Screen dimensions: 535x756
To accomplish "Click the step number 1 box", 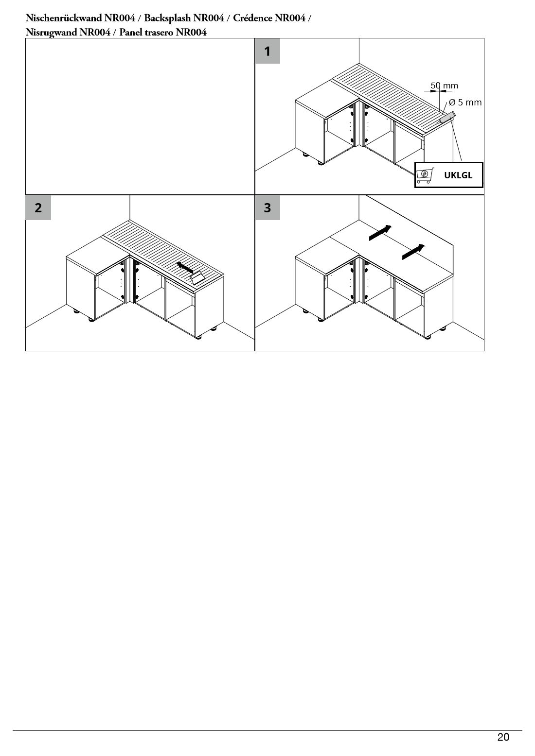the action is [267, 51].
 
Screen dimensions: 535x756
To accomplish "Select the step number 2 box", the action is [38, 207].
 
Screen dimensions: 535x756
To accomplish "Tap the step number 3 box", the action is [267, 207].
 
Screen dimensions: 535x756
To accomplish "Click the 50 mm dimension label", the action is [444, 86].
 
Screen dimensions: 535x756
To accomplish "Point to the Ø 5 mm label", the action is [465, 102].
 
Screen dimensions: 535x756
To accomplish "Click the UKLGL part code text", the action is [458, 175].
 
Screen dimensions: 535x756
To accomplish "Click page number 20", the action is [503, 737].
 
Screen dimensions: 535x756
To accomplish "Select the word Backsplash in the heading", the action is [184, 18].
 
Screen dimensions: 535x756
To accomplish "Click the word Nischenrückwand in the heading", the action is [64, 18].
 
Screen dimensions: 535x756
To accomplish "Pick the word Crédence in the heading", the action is [252, 18].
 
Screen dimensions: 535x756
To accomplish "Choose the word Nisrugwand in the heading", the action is [52, 33].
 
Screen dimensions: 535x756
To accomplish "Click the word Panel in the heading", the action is [129, 32].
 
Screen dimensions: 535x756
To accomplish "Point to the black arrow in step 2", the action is [185, 267].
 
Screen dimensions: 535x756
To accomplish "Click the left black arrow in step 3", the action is [380, 233].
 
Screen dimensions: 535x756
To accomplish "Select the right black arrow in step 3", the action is [413, 252].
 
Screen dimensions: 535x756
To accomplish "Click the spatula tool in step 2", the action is [196, 277].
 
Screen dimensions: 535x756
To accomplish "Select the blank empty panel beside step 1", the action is [140, 117].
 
